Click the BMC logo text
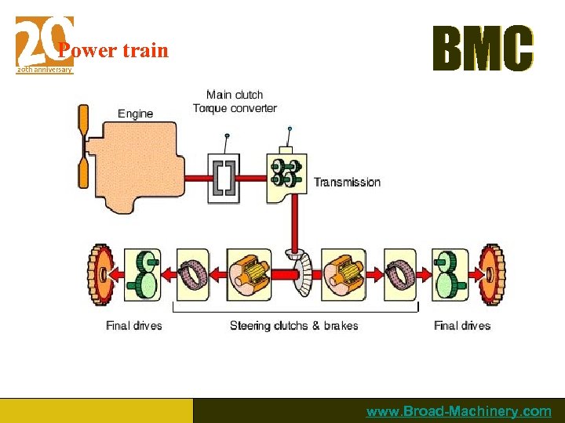coord(483,49)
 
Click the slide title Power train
coord(113,51)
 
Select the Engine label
coord(135,114)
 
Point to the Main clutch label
coord(235,95)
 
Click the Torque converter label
coord(235,108)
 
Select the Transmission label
coord(347,183)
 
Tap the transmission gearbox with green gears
coord(286,173)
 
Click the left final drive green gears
coord(142,274)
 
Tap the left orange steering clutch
coord(250,274)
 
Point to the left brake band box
coord(193,274)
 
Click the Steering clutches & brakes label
coord(293,326)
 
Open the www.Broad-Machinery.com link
coord(458,411)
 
